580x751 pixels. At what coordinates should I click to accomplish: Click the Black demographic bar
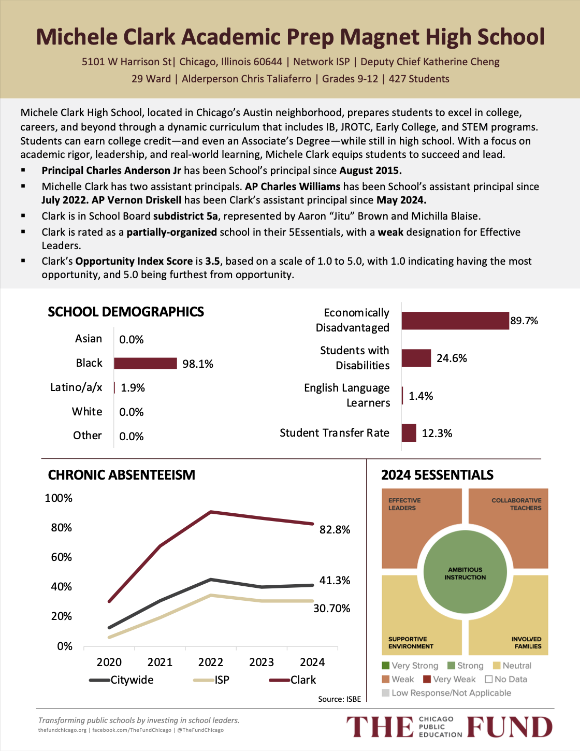point(145,363)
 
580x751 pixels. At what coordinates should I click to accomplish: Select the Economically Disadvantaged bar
point(455,321)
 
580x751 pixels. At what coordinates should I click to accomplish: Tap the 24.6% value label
point(452,358)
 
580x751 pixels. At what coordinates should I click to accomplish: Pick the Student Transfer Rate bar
point(409,433)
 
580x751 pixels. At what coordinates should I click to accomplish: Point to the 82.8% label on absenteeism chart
point(335,529)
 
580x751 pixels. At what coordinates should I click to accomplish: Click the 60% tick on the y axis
point(62,557)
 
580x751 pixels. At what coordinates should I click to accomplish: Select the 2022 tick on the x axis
point(211,662)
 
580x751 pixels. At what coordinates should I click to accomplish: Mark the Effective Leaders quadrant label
point(404,504)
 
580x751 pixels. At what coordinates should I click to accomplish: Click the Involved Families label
point(526,643)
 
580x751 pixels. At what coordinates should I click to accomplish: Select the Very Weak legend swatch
point(427,679)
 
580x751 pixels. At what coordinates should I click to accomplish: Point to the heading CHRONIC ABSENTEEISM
point(122,475)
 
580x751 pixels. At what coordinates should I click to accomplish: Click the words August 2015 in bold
point(370,170)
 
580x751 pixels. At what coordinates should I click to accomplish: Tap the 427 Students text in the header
point(419,79)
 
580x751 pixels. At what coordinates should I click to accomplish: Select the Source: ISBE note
point(339,699)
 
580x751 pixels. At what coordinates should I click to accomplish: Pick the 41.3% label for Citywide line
point(335,580)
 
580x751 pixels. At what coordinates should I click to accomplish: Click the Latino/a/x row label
point(76,387)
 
